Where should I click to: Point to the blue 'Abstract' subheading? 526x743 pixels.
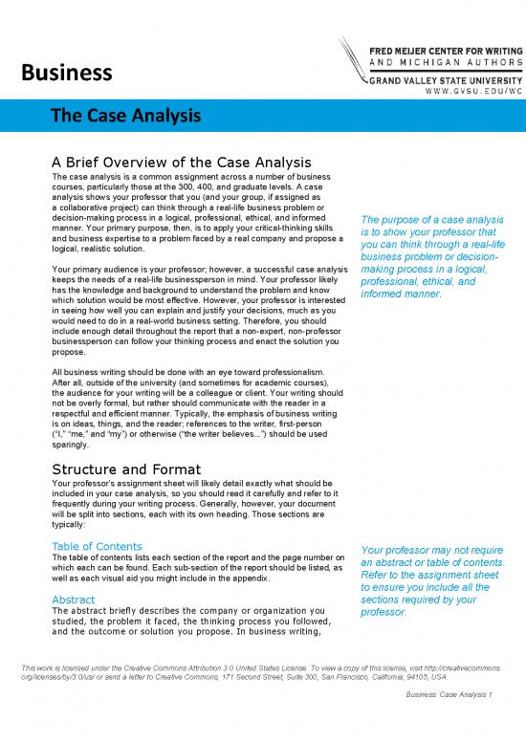73,600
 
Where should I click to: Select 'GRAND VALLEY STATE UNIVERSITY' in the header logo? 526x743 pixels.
445,82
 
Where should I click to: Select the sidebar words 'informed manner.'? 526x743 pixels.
401,294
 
